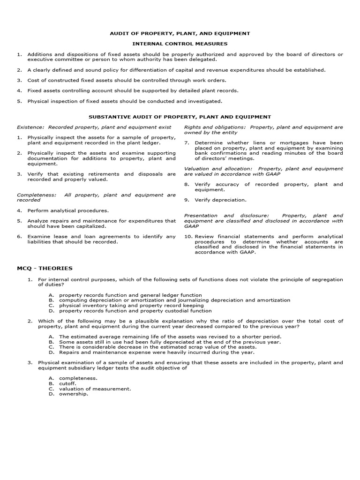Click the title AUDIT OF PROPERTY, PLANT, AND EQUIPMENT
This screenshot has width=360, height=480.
point(180,33)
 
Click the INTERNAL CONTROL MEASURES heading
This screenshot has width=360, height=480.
point(180,44)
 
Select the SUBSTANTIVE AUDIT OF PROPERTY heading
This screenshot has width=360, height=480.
point(180,117)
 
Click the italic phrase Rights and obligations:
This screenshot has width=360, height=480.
point(215,127)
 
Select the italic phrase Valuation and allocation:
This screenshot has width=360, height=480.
point(219,168)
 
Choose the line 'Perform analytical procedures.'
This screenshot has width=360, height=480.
point(68,210)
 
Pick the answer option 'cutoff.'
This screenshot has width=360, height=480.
point(69,383)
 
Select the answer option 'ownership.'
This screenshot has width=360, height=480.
point(73,394)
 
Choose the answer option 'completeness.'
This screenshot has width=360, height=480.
point(78,378)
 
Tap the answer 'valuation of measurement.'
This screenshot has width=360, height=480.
point(95,389)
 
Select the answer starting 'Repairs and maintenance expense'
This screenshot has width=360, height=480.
point(157,352)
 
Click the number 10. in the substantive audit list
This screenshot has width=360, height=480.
point(188,236)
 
